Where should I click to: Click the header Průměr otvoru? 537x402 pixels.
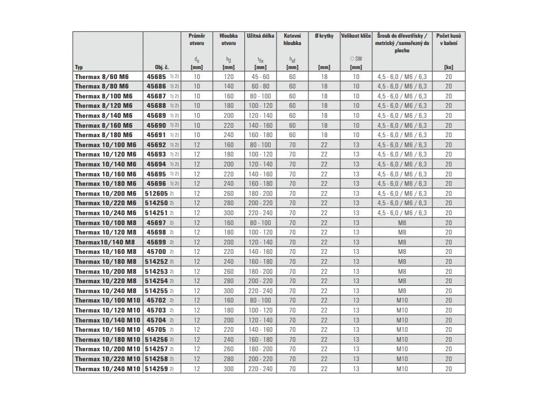(x=196, y=39)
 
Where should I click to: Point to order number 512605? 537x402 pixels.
(x=156, y=193)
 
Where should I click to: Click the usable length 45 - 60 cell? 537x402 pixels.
(x=260, y=76)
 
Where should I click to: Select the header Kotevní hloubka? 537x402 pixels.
(x=291, y=39)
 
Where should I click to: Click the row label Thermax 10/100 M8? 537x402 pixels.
(x=105, y=222)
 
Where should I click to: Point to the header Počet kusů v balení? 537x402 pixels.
(x=448, y=39)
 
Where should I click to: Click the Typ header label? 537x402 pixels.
(x=79, y=67)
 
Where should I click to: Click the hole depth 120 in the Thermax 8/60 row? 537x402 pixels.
(x=228, y=76)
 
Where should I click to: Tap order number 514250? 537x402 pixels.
(x=156, y=203)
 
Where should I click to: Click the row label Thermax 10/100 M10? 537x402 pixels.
(x=107, y=300)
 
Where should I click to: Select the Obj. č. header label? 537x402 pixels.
(x=161, y=67)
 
